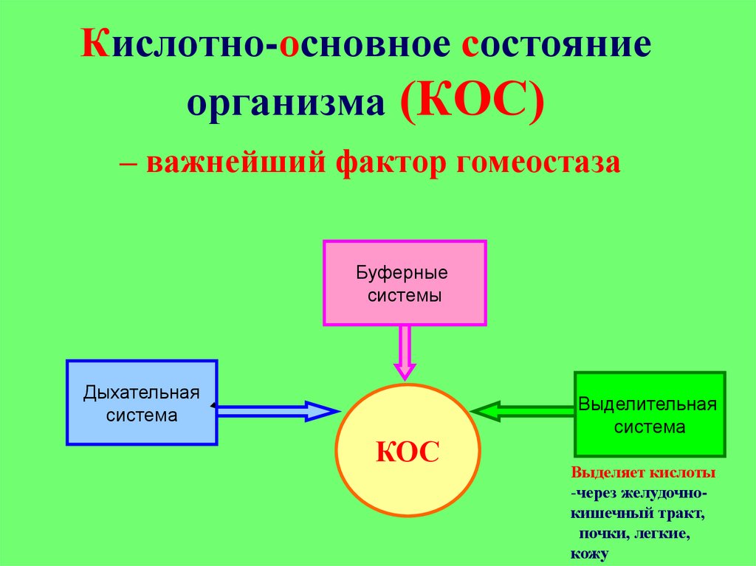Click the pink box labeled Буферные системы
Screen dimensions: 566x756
[x=405, y=283]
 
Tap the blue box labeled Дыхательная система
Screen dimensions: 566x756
[x=142, y=402]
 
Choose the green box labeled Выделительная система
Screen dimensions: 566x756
[x=650, y=415]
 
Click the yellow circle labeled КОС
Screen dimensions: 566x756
[x=408, y=450]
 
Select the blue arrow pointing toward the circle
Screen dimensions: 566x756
[x=277, y=411]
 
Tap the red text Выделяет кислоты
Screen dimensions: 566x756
[x=642, y=472]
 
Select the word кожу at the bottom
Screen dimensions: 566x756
[x=588, y=552]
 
